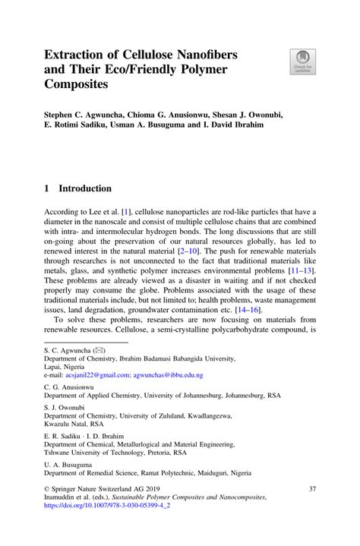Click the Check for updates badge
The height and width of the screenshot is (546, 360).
click(302, 61)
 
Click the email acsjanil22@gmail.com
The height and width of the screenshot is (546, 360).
click(96, 375)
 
